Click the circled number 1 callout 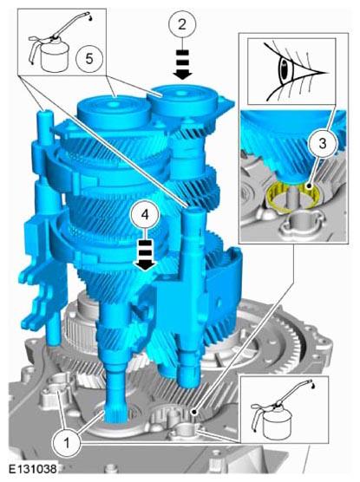tap(67, 443)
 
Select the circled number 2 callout tap(182, 24)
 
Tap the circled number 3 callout tap(322, 143)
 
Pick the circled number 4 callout tap(145, 214)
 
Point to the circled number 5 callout tap(89, 58)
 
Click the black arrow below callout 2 tap(182, 64)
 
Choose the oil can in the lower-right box tap(278, 409)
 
